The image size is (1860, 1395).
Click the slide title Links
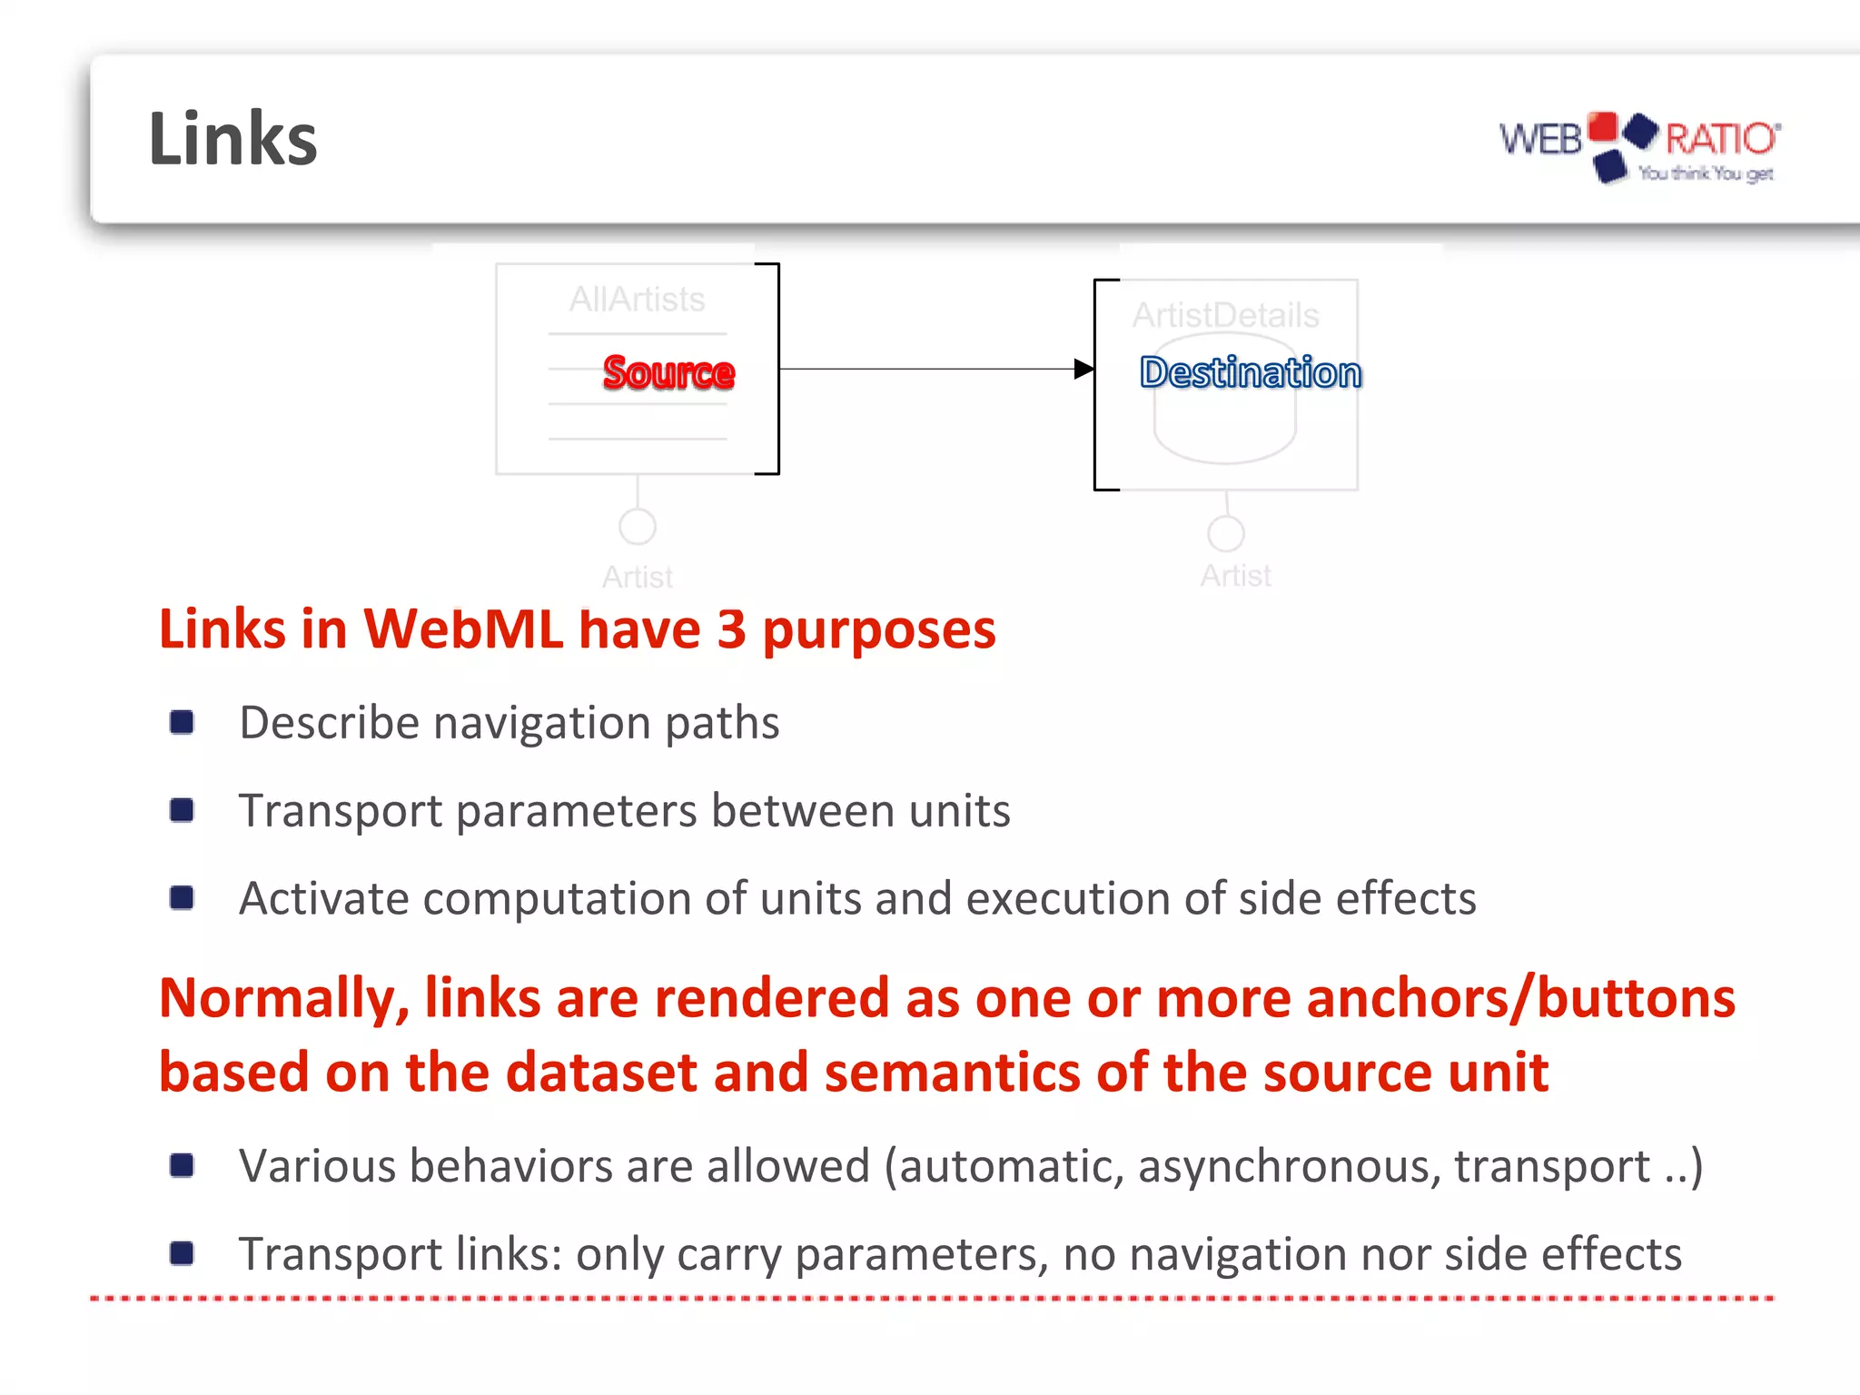pyautogui.click(x=232, y=139)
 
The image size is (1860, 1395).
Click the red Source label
pyautogui.click(x=668, y=372)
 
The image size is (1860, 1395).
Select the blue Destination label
pyautogui.click(x=1251, y=372)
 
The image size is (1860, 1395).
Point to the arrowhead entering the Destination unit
pyautogui.click(x=1083, y=369)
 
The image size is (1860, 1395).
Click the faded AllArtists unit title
pyautogui.click(x=637, y=300)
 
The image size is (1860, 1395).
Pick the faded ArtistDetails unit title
pyautogui.click(x=1225, y=315)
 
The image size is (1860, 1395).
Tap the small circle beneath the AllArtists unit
pyautogui.click(x=638, y=526)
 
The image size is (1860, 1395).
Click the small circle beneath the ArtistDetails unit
pyautogui.click(x=1226, y=533)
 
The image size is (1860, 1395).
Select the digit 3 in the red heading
pyautogui.click(x=731, y=628)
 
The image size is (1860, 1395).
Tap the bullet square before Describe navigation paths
pyautogui.click(x=182, y=722)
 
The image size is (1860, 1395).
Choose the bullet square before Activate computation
pyautogui.click(x=182, y=898)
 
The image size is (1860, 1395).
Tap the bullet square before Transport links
pyautogui.click(x=182, y=1253)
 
